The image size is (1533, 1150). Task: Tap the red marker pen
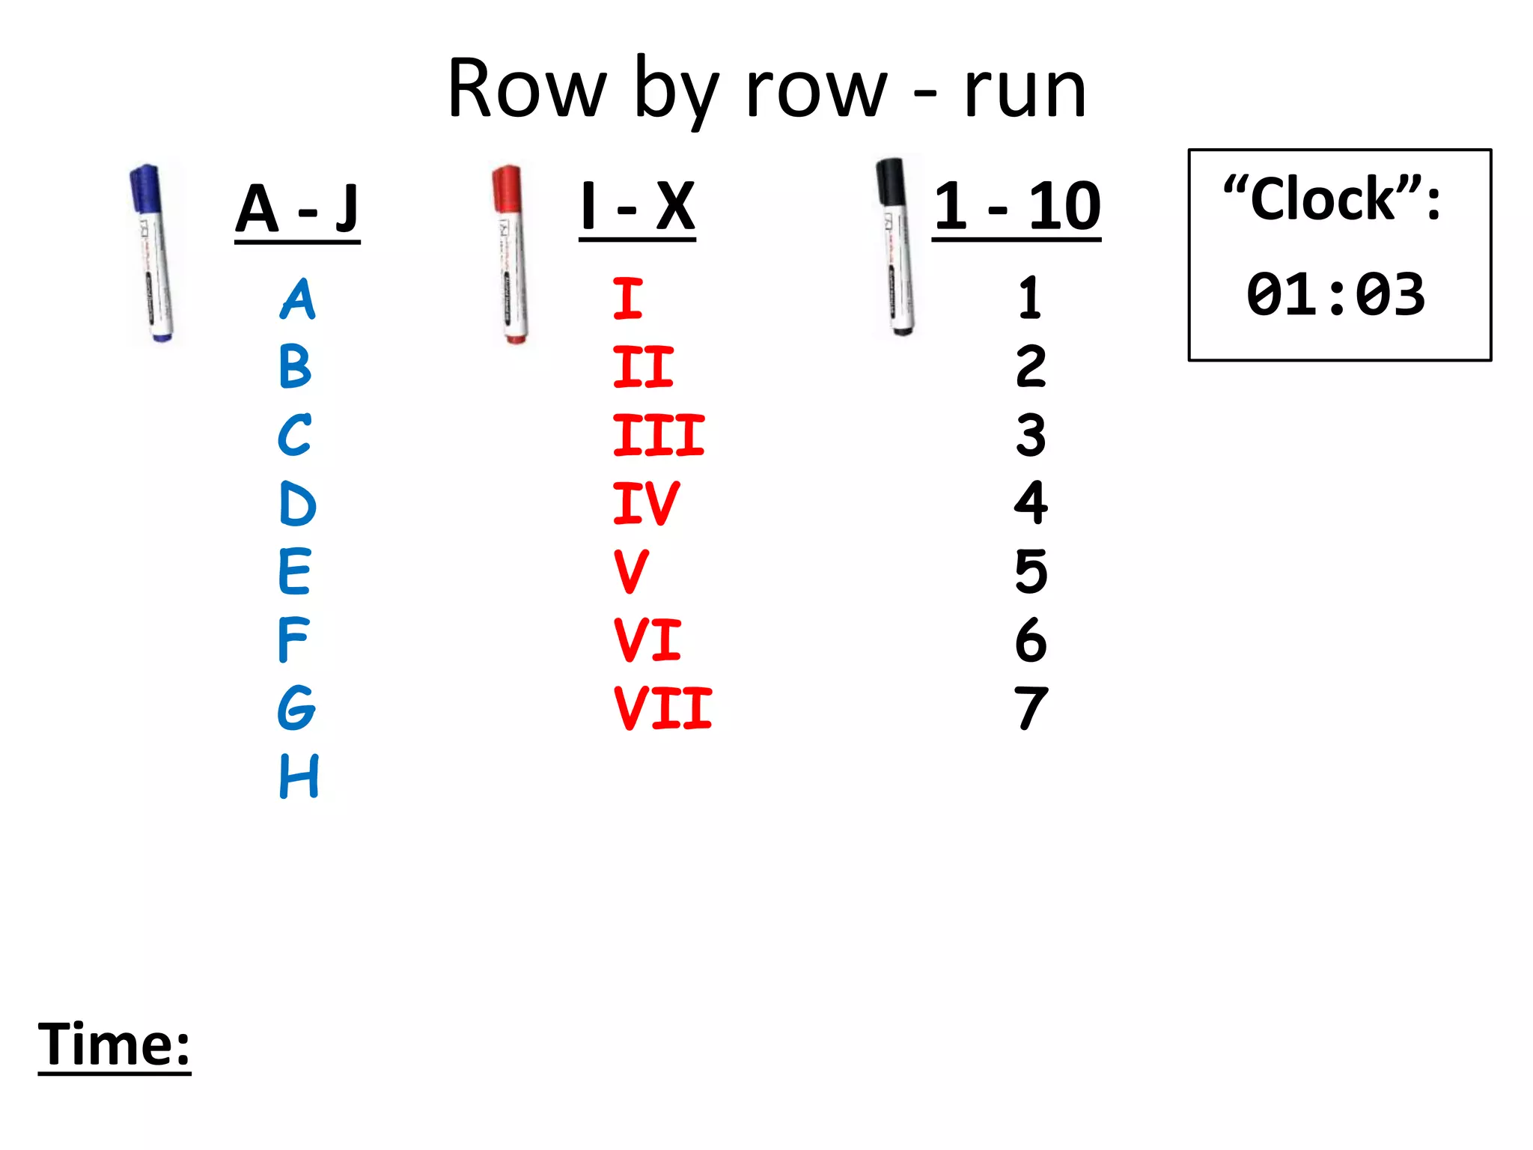[511, 255]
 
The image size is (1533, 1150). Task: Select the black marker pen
[895, 247]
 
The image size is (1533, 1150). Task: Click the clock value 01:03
[1336, 294]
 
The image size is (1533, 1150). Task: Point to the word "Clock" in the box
[1323, 201]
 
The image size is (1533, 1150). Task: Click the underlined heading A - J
[297, 209]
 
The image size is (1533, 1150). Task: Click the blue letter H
[299, 776]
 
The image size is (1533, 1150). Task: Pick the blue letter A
[298, 299]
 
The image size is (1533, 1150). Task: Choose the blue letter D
[297, 504]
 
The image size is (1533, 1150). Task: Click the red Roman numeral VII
[662, 708]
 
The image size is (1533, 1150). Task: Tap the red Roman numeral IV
[645, 504]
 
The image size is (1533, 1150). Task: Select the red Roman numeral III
[658, 436]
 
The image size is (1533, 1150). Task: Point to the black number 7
[1031, 708]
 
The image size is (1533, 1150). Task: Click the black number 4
[1031, 502]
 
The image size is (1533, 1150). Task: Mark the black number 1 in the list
[1030, 298]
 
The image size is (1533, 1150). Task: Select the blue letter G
[296, 708]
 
